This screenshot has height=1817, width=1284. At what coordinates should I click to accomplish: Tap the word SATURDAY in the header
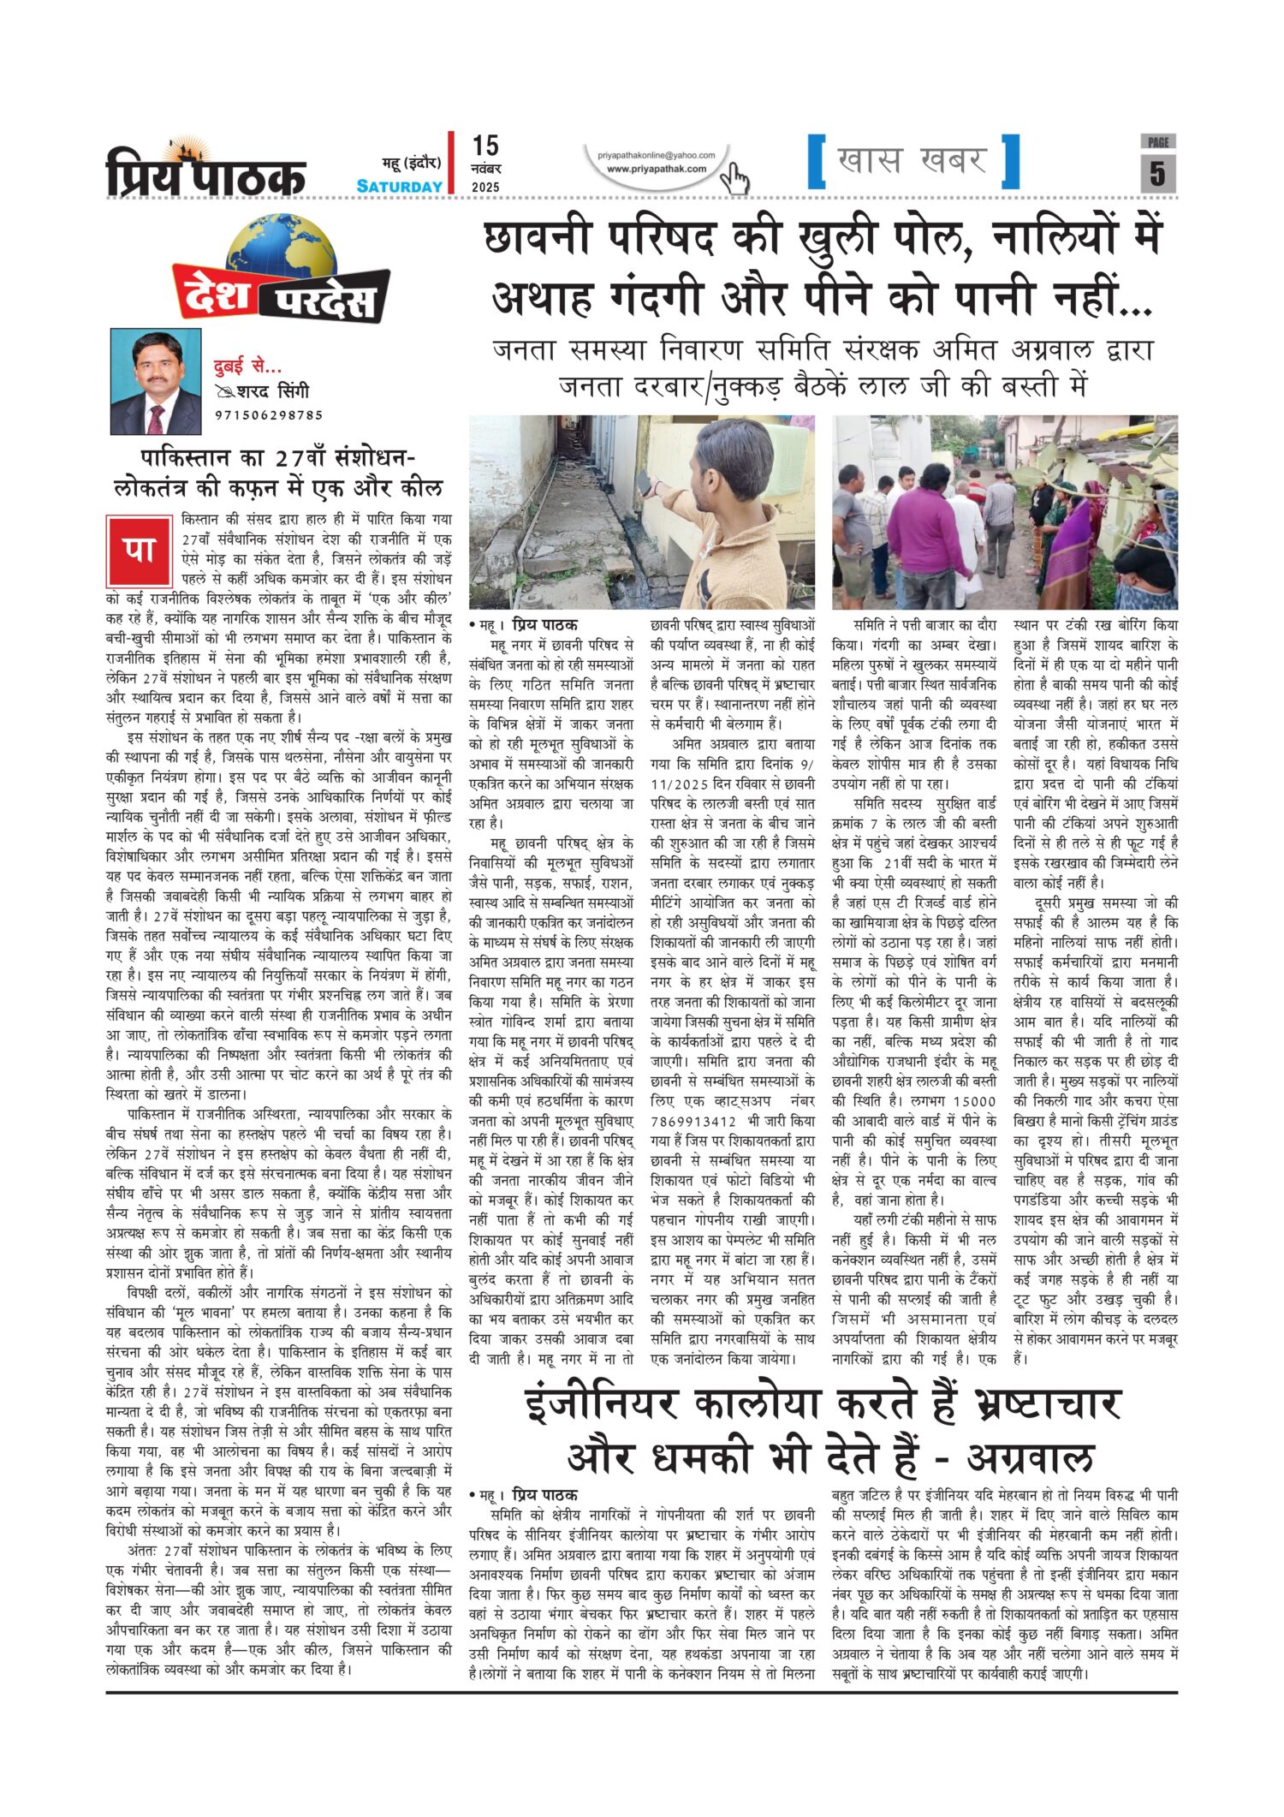pos(400,187)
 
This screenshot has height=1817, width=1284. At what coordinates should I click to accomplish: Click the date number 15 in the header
pos(485,146)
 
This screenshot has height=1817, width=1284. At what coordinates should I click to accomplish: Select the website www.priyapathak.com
pos(657,169)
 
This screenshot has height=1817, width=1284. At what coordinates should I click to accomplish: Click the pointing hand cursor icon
pos(734,178)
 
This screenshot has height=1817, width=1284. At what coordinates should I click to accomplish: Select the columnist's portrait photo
pos(156,382)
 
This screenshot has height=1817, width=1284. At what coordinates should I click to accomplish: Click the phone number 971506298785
pos(269,415)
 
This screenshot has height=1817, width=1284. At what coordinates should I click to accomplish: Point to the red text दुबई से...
pos(247,367)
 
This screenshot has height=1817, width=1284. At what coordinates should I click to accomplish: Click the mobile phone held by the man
pos(645,482)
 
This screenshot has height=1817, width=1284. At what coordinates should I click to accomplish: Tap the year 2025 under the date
pos(485,188)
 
